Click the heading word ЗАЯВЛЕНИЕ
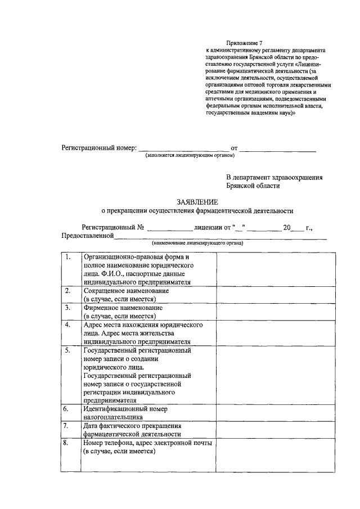click(x=197, y=202)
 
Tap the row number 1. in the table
click(x=67, y=258)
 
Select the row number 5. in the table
click(x=67, y=350)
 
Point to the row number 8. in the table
click(x=67, y=444)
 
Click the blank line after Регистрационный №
click(x=169, y=229)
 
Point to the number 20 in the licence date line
click(x=287, y=227)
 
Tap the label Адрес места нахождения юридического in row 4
click(x=142, y=325)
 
